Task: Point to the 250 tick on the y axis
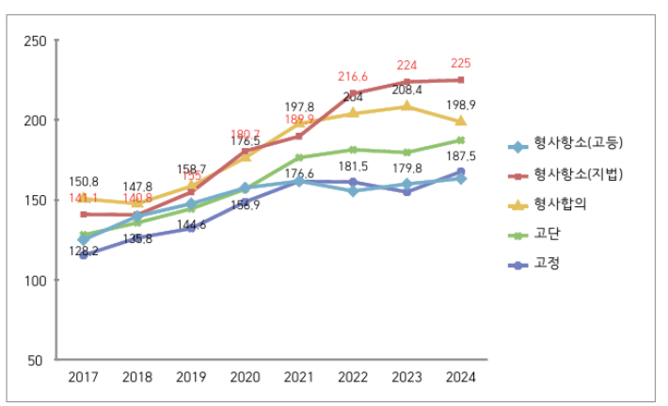pyautogui.click(x=35, y=41)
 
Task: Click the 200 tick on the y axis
pyautogui.click(x=35, y=121)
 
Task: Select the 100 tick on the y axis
pyautogui.click(x=35, y=281)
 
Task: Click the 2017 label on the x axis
pyautogui.click(x=84, y=377)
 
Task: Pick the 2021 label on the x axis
pyautogui.click(x=299, y=377)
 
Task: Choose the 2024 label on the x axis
pyautogui.click(x=461, y=377)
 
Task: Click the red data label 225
pyautogui.click(x=460, y=64)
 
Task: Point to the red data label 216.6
pyautogui.click(x=353, y=76)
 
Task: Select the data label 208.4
pyautogui.click(x=406, y=89)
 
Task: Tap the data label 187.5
pyautogui.click(x=460, y=156)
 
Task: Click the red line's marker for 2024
pyautogui.click(x=461, y=80)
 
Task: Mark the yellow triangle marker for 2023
pyautogui.click(x=406, y=106)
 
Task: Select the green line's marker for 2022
pyautogui.click(x=353, y=150)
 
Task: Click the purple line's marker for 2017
pyautogui.click(x=84, y=254)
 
